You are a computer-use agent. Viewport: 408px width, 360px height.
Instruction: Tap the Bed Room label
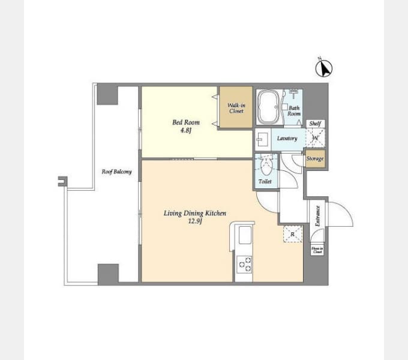pyautogui.click(x=185, y=122)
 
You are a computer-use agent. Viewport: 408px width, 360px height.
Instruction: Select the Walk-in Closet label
pyautogui.click(x=236, y=108)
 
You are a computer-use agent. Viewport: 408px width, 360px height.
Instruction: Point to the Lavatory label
pyautogui.click(x=287, y=139)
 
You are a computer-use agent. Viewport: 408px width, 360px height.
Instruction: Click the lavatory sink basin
pyautogui.click(x=262, y=140)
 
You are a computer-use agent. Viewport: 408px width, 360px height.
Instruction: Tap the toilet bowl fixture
pyautogui.click(x=265, y=163)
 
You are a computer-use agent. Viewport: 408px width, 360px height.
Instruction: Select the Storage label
pyautogui.click(x=315, y=159)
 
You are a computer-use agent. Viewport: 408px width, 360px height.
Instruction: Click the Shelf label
pyautogui.click(x=315, y=124)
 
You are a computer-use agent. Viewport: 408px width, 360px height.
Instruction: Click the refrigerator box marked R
pyautogui.click(x=292, y=234)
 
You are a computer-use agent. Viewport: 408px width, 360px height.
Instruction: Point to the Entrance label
pyautogui.click(x=317, y=215)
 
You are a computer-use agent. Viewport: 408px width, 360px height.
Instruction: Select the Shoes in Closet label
pyautogui.click(x=317, y=250)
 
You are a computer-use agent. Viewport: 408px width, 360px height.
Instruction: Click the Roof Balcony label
pyautogui.click(x=117, y=172)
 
